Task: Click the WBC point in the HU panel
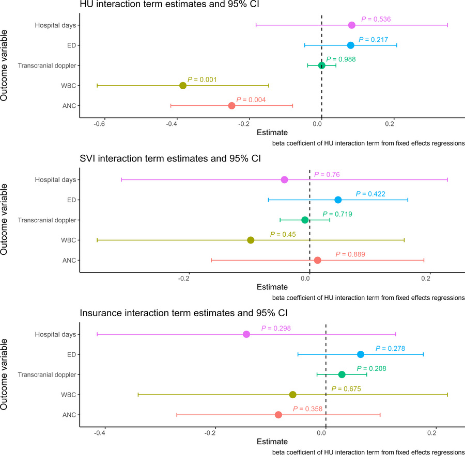(182, 85)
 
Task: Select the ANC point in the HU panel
(231, 105)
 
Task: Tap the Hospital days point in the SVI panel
(284, 180)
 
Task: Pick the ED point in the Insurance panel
(361, 354)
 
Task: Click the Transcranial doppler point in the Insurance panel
(342, 374)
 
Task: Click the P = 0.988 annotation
(340, 59)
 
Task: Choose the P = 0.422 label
(370, 194)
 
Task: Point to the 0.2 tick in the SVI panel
(426, 279)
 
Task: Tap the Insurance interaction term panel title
(180, 313)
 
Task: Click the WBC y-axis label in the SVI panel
(67, 240)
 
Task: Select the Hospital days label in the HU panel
(56, 25)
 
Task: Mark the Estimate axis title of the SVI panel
(272, 287)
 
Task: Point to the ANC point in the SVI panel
(317, 260)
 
